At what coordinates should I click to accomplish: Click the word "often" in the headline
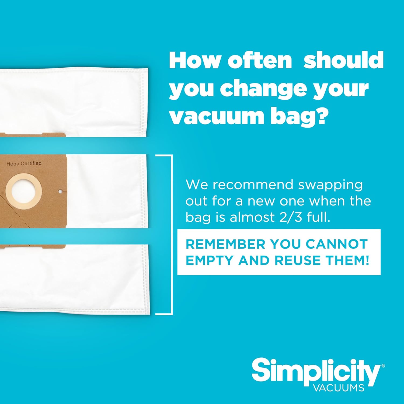[x=260, y=61]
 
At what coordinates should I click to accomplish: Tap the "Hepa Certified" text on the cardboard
[x=24, y=163]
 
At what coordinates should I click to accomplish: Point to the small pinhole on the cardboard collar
[x=60, y=191]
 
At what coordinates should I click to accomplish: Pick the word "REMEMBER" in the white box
[x=225, y=244]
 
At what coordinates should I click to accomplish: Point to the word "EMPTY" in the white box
[x=209, y=260]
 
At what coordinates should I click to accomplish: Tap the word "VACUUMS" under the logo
[x=339, y=388]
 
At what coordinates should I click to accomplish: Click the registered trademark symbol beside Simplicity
[x=383, y=366]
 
